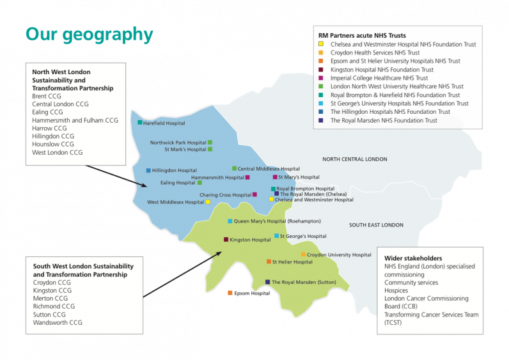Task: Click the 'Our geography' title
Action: click(x=89, y=35)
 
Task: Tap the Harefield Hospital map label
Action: click(x=164, y=123)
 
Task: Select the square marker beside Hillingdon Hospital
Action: click(x=148, y=171)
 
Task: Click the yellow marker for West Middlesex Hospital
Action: click(x=208, y=202)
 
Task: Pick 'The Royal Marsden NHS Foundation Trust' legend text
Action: click(x=384, y=120)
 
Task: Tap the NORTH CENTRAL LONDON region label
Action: click(x=355, y=159)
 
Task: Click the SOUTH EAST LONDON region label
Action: click(x=376, y=225)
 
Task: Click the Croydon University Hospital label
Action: click(x=339, y=254)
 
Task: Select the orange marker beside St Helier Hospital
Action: click(x=269, y=262)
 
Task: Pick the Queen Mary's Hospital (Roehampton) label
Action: click(x=277, y=221)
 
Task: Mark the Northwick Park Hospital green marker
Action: click(x=210, y=143)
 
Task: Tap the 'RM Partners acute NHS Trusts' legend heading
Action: click(x=362, y=35)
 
